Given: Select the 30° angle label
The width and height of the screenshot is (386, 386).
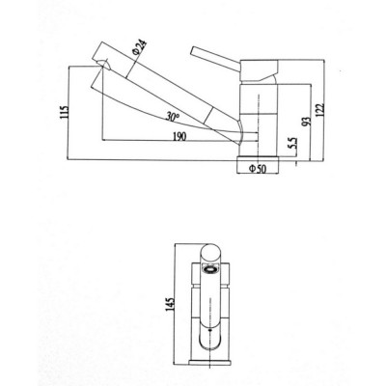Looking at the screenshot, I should [173, 116].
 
